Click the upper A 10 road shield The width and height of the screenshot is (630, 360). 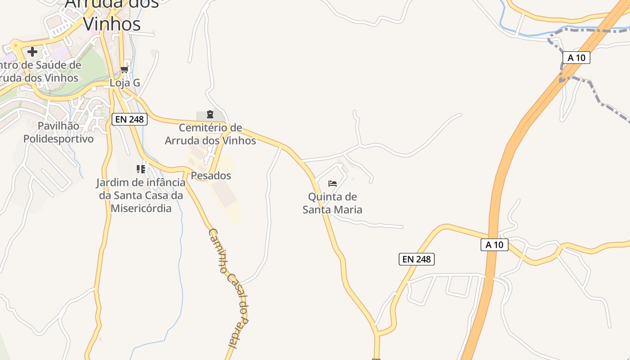pos(576,58)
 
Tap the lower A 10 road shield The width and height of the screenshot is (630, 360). pos(495,245)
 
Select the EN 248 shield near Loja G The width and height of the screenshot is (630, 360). pos(130,119)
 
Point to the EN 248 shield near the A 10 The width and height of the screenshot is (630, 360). pos(417,259)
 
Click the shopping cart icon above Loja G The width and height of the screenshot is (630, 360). pos(125,69)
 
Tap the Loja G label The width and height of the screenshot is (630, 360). pos(125,83)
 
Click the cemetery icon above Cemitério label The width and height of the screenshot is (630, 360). pos(210,114)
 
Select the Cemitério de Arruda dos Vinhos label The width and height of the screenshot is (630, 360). pos(210,134)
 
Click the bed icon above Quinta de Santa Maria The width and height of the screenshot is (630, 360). pos(333,184)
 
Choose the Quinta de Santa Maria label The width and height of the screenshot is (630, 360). pos(332,203)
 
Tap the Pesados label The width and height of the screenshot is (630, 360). pos(211,175)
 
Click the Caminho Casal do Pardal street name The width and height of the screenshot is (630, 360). pos(229,288)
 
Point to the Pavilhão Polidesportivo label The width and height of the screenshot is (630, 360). pos(58,132)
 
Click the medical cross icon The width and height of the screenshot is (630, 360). pos(32,51)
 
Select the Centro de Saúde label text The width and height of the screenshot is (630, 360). pos(40,71)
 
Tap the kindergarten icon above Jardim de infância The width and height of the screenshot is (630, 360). pos(141,169)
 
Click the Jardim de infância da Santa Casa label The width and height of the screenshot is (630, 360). pos(141,195)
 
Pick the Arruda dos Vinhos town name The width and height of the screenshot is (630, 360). pos(112,13)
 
